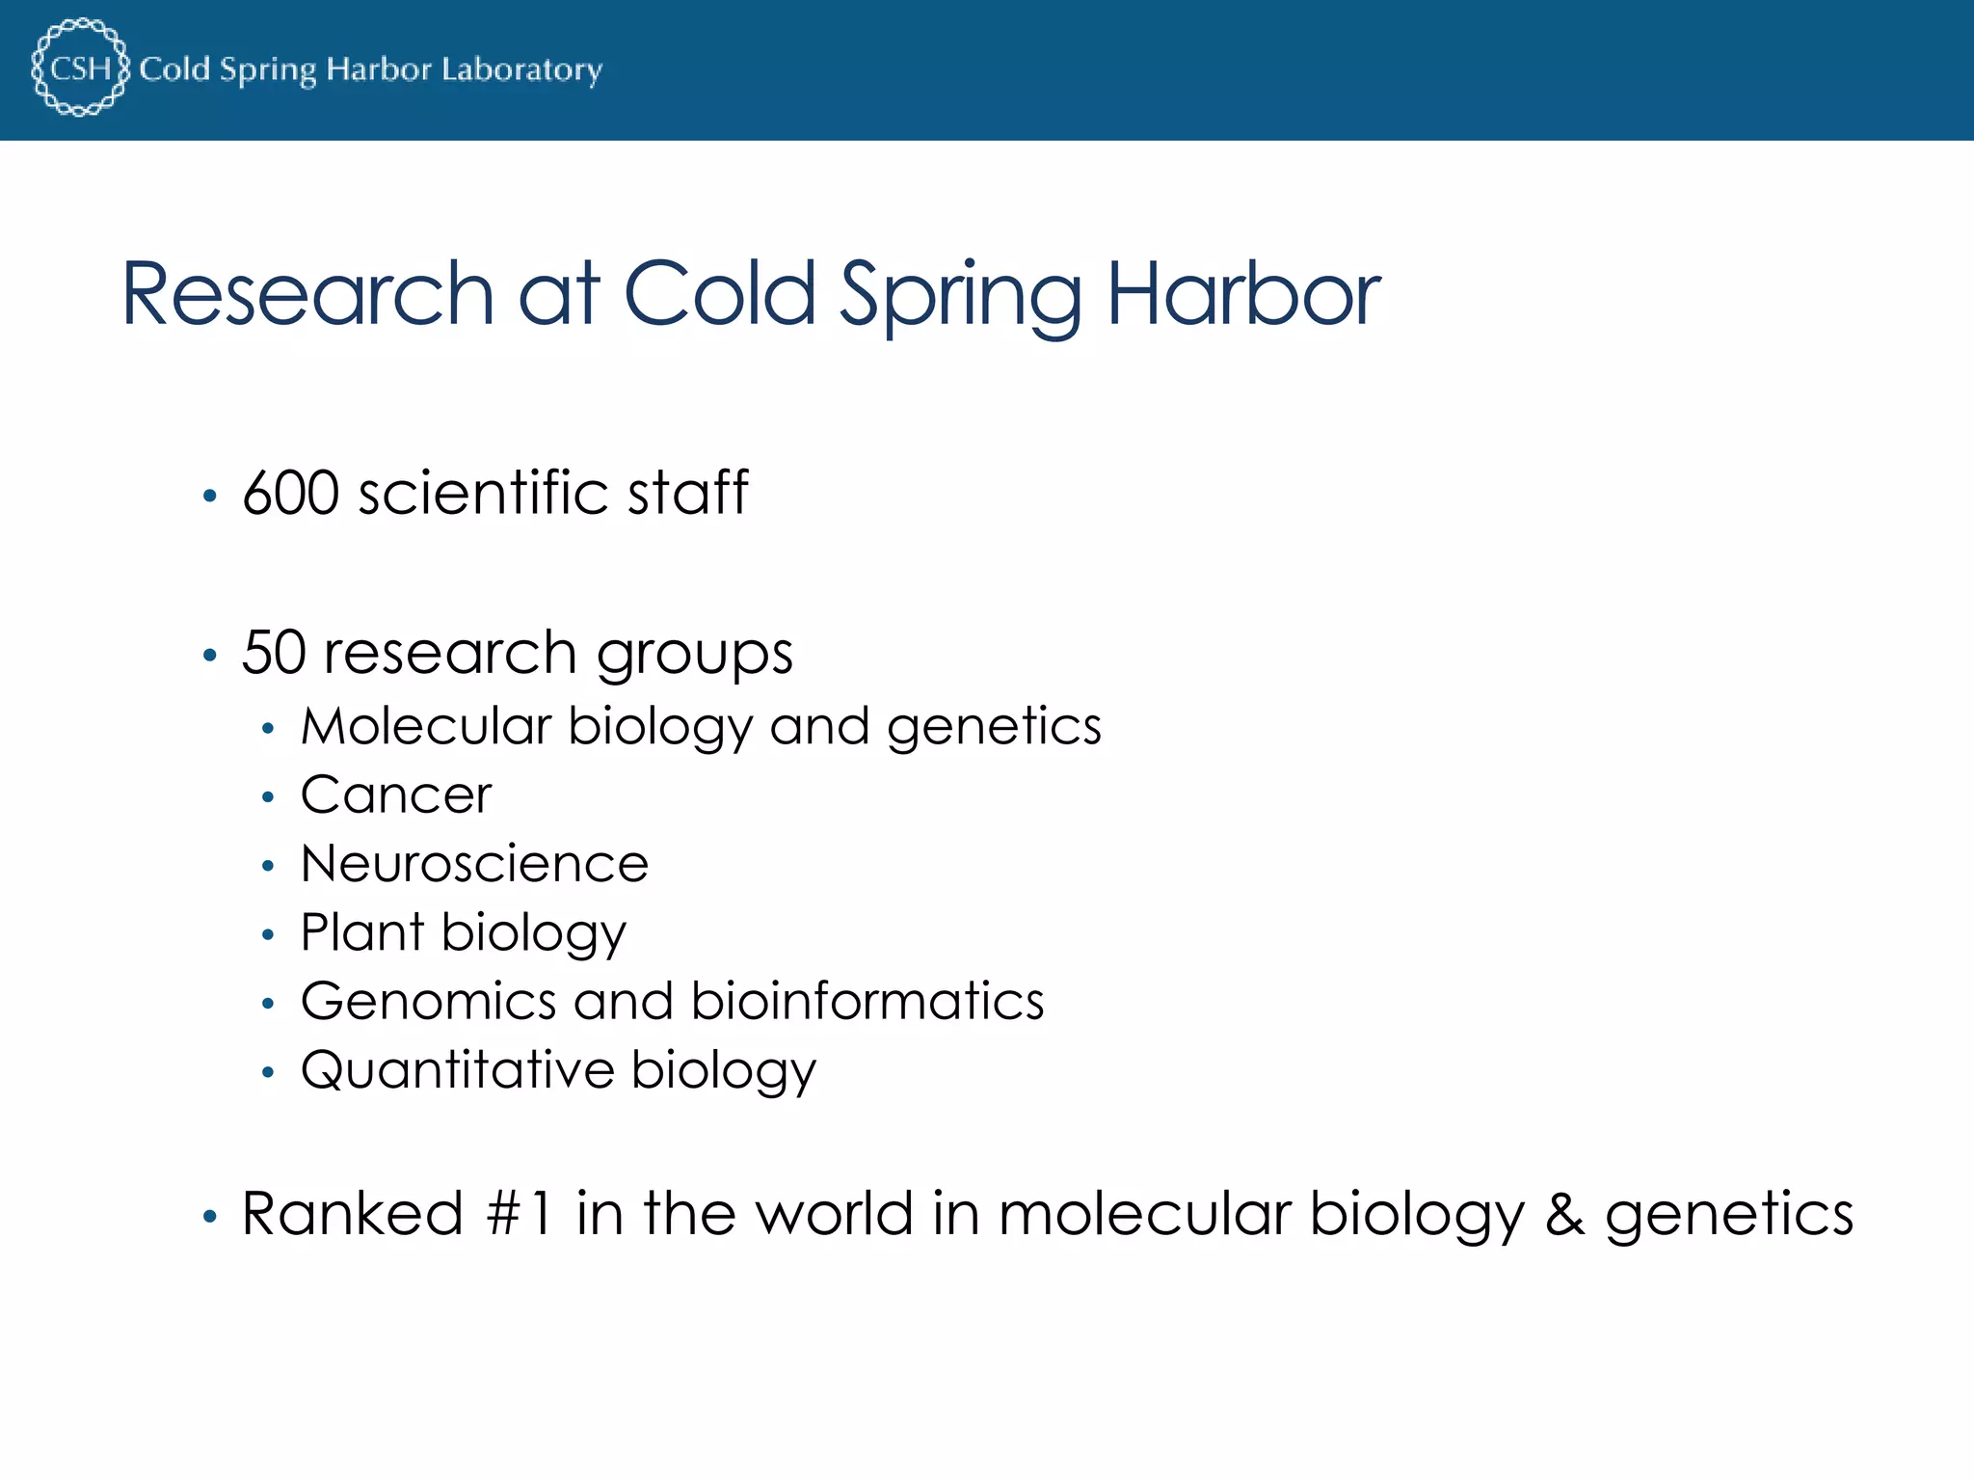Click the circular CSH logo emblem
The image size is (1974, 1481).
click(x=80, y=67)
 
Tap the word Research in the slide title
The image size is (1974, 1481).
click(x=307, y=294)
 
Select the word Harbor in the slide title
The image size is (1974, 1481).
click(x=1243, y=294)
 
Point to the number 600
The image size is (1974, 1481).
click(x=290, y=494)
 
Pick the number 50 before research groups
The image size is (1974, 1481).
click(x=273, y=653)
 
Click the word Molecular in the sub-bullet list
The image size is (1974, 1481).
click(x=425, y=726)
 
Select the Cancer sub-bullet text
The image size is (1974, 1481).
click(x=395, y=795)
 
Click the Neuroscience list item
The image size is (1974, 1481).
click(x=474, y=864)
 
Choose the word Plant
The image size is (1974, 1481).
click(x=362, y=932)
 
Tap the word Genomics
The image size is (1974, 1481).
click(x=428, y=1002)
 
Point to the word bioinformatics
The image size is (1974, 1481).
click(x=867, y=1001)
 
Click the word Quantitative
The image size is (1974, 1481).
click(x=457, y=1070)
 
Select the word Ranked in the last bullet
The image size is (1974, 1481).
click(x=352, y=1214)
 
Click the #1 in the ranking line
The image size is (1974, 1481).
click(x=520, y=1214)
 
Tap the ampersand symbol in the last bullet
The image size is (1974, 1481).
click(x=1564, y=1215)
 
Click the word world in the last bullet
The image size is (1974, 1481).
click(x=834, y=1214)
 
